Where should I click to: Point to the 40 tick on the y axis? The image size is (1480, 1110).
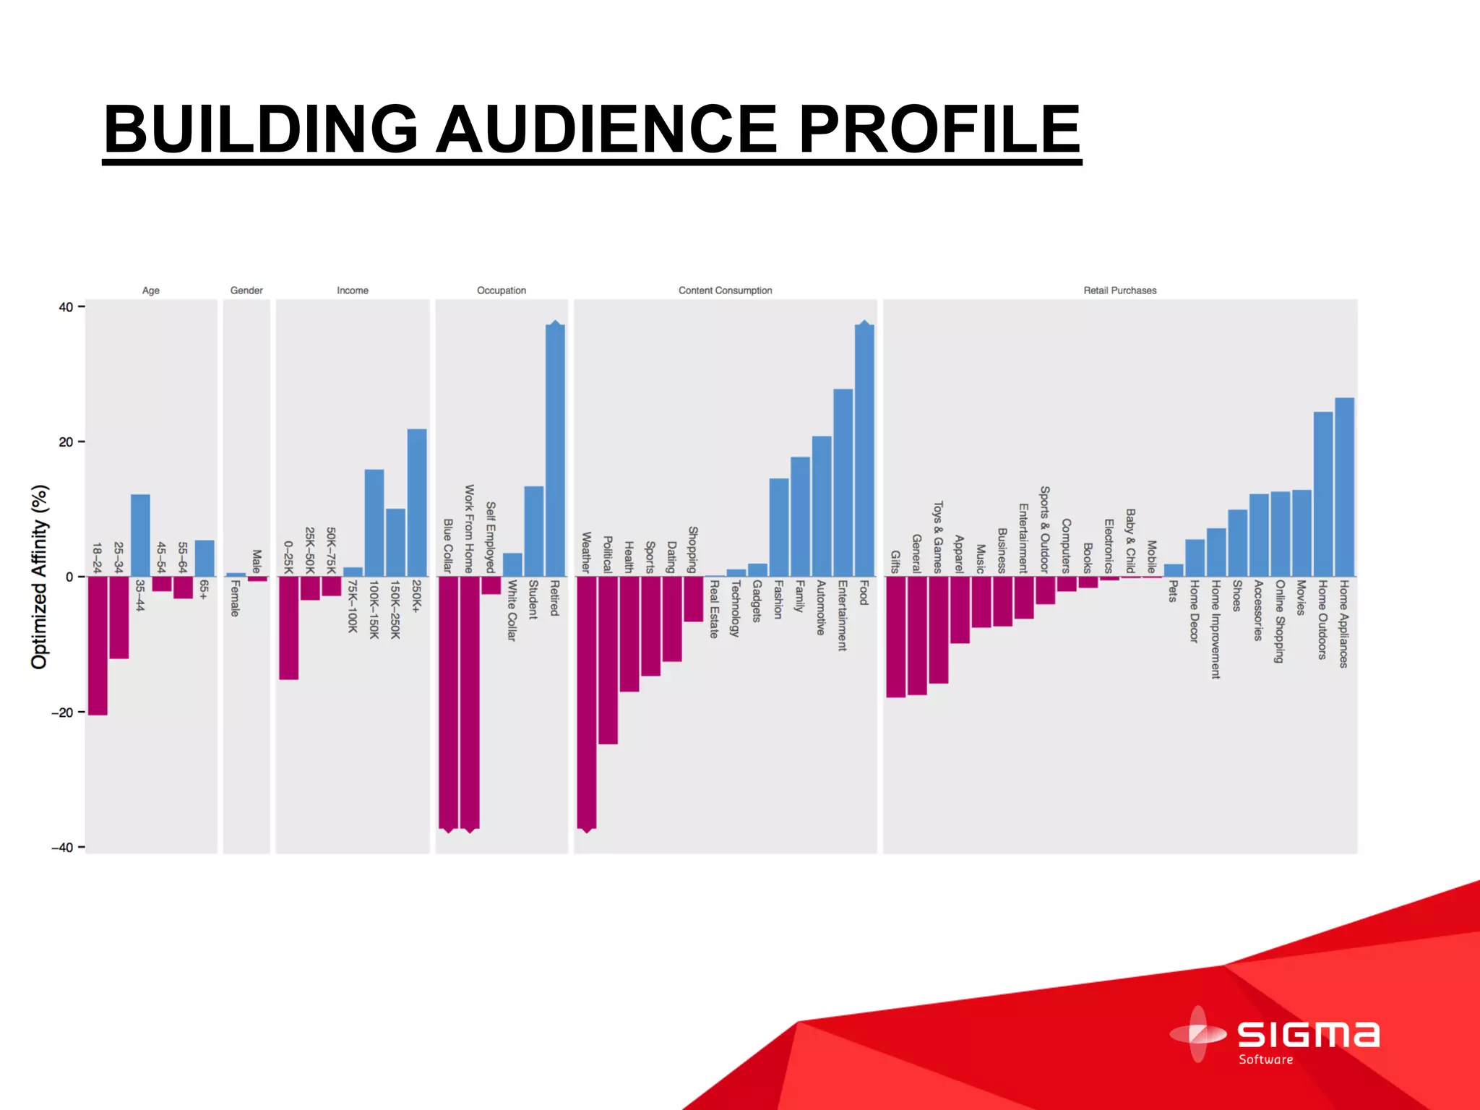[66, 307]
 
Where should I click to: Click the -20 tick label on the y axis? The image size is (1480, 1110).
[62, 713]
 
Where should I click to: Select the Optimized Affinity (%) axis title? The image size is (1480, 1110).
[39, 577]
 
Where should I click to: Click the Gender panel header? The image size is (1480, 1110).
[246, 291]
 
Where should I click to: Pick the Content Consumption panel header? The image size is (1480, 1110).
[725, 291]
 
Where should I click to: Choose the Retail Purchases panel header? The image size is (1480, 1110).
[1119, 291]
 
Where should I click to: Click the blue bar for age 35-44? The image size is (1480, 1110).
[140, 535]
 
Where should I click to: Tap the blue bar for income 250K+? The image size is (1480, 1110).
[417, 503]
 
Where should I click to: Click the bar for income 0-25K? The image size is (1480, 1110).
[289, 628]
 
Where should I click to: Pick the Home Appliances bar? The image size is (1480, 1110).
[1344, 487]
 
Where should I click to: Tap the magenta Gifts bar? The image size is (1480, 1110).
[895, 637]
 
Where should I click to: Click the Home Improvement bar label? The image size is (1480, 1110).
[1216, 629]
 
